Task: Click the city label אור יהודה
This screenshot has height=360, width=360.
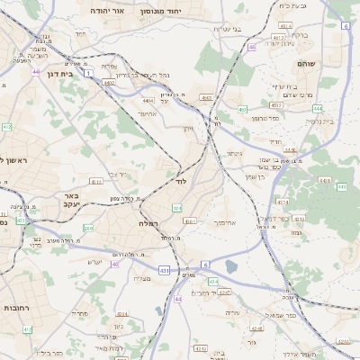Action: pos(112,10)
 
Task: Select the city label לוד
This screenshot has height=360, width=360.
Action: pos(180,181)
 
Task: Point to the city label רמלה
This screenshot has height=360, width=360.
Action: pos(149,222)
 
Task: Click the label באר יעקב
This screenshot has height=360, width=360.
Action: pos(67,200)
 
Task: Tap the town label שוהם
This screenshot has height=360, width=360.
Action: pos(305,65)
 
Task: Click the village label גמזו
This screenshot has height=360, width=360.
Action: pos(296,231)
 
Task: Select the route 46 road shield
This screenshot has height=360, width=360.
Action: pos(252,47)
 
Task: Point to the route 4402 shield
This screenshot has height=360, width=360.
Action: pos(109,82)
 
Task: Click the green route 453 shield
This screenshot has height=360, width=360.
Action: pos(276,104)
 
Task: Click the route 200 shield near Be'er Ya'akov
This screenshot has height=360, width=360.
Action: pos(87,229)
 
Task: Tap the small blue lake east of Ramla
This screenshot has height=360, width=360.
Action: pos(232,265)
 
